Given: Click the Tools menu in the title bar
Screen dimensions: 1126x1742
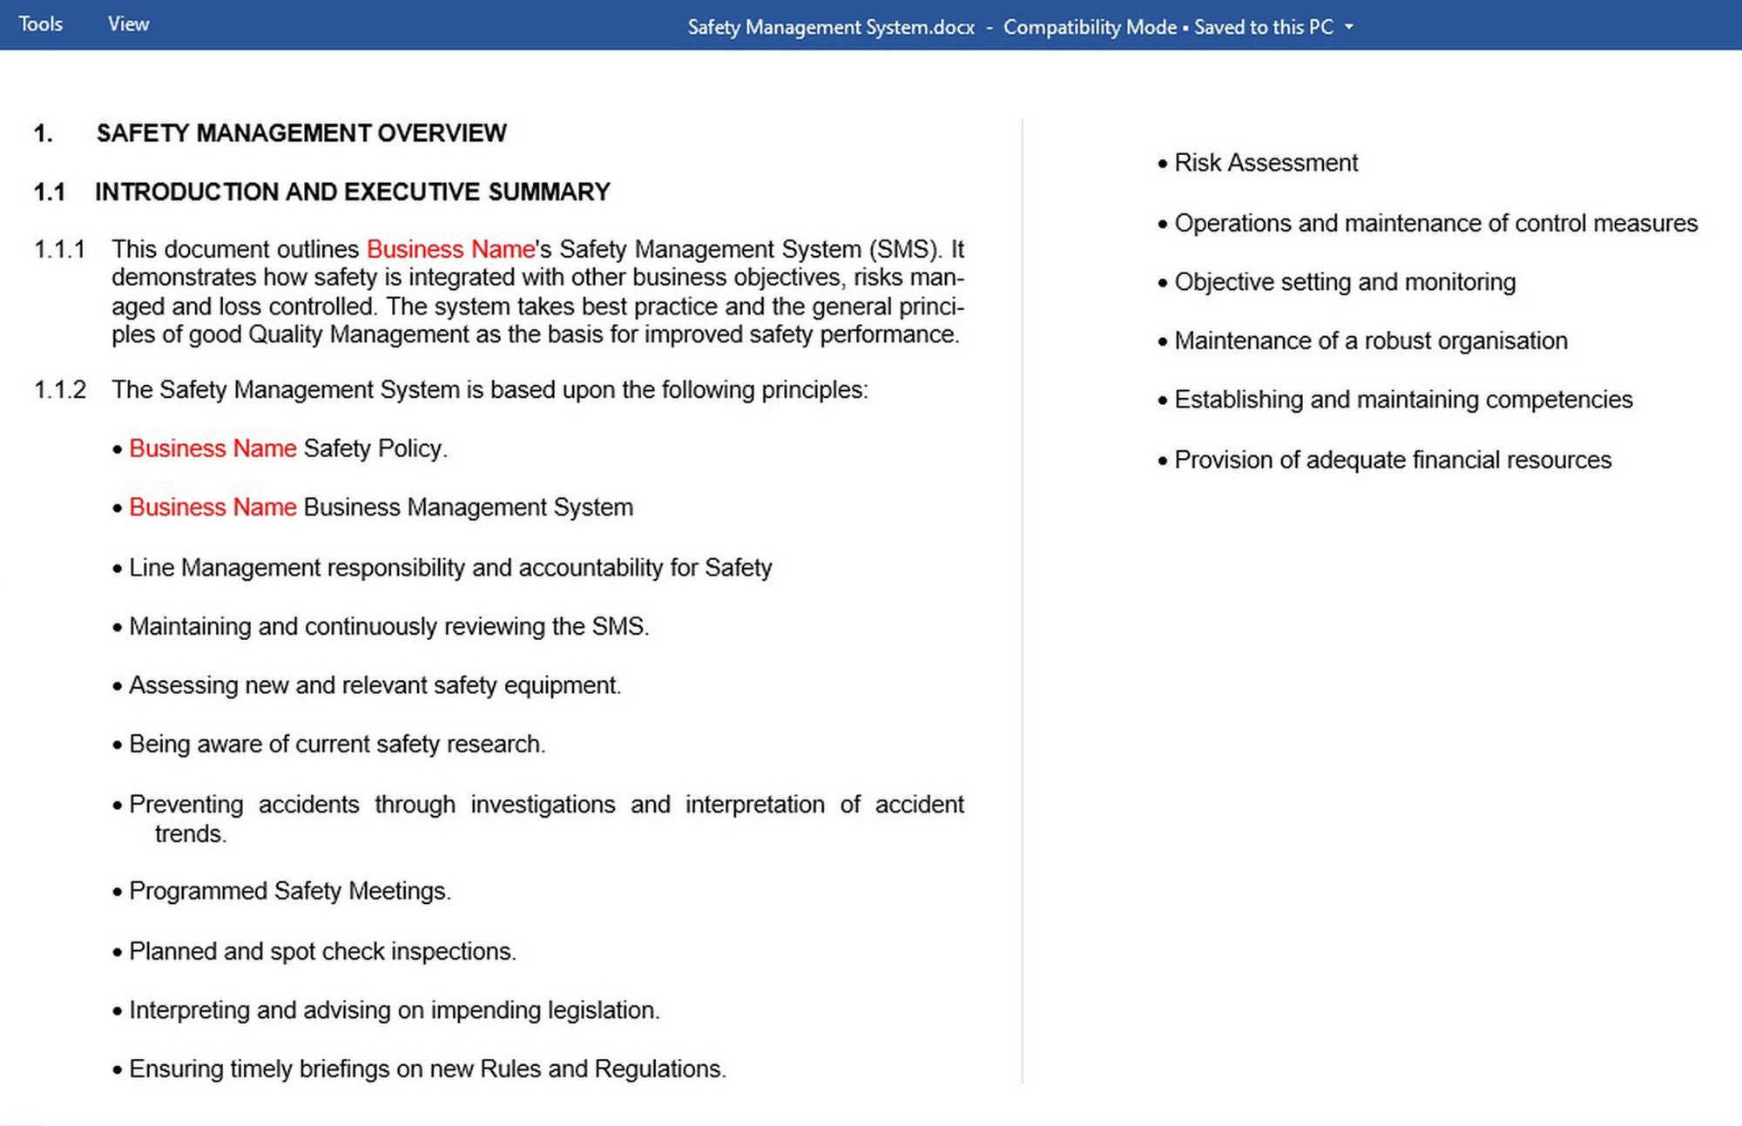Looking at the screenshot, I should coord(40,24).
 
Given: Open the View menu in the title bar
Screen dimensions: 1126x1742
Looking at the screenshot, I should coord(128,24).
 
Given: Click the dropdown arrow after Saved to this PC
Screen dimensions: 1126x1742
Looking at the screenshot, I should coord(1349,27).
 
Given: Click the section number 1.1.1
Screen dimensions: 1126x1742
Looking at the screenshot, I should coord(59,250).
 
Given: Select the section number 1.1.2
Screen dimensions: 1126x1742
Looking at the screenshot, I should coord(59,390).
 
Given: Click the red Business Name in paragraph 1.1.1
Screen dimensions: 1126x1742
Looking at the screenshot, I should coord(449,250).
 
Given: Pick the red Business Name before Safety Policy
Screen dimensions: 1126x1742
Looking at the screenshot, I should coord(213,448).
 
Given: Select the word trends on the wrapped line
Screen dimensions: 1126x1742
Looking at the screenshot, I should coord(190,834).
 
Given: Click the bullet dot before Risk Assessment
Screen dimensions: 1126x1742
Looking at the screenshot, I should coord(1162,164).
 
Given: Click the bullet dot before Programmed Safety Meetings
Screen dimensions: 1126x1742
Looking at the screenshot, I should coord(118,893).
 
